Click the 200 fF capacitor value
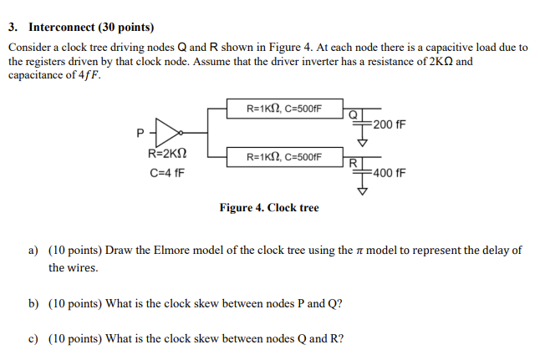390,124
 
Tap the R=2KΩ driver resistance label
167,154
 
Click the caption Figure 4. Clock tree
268,207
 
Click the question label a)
33,250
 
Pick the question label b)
33,304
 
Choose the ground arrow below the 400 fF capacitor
363,190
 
